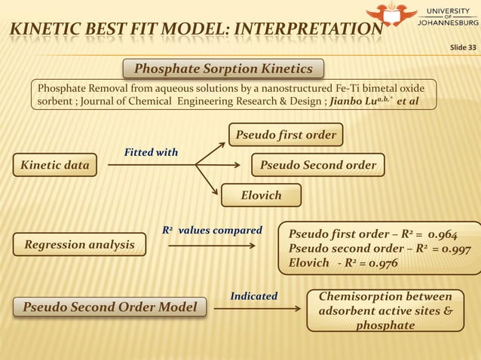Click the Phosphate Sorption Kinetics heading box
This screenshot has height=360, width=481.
(223, 69)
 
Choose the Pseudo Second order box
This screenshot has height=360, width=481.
(317, 165)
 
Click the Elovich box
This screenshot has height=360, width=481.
(261, 196)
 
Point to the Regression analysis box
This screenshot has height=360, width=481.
(79, 244)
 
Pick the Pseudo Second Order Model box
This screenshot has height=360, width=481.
(110, 307)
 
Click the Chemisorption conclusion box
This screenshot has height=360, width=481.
(384, 310)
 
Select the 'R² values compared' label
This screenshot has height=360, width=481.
(212, 230)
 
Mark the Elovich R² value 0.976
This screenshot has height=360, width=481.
(378, 264)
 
